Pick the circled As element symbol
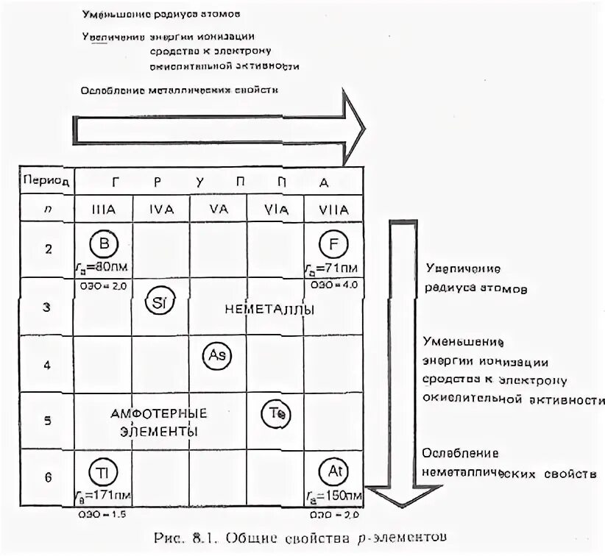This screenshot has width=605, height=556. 217,354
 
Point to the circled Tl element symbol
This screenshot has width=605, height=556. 102,471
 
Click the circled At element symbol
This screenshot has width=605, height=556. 332,470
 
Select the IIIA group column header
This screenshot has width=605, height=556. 102,210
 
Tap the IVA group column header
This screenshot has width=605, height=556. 160,210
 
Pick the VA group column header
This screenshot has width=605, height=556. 218,210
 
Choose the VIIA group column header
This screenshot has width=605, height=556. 333,210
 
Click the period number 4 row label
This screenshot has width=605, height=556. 47,364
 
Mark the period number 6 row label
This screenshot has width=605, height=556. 47,477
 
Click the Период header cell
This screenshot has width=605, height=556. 46,179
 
